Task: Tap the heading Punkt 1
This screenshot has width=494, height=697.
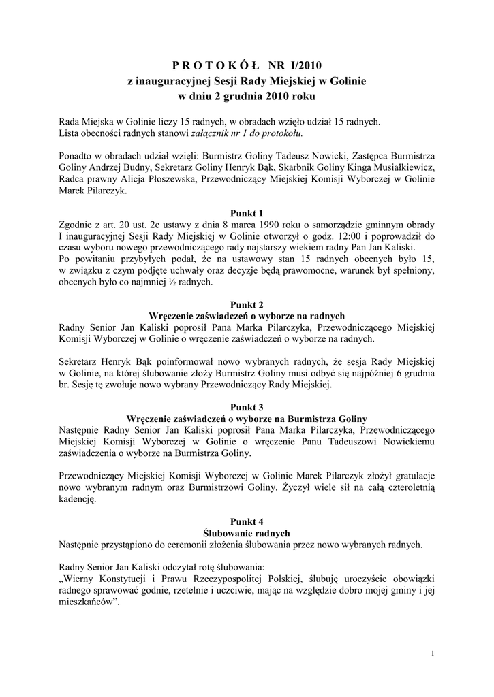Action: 247,212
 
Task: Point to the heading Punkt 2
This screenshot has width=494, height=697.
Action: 247,304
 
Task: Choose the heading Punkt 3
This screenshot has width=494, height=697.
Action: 247,406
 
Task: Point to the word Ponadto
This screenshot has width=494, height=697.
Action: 78,155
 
